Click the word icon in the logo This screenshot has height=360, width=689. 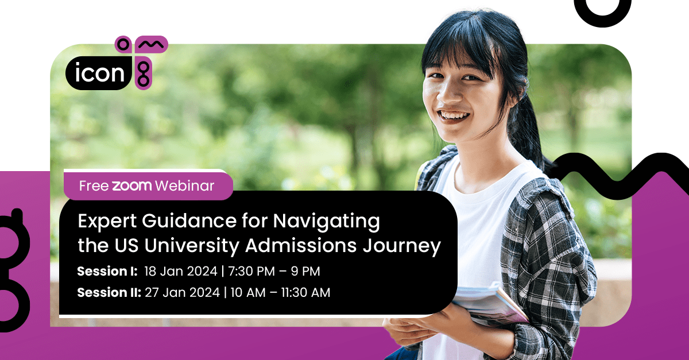(100, 73)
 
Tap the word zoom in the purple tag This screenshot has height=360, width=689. (132, 185)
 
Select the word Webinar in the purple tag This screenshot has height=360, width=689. (185, 185)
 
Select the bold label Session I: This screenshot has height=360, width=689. (108, 270)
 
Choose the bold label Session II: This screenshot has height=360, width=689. (109, 292)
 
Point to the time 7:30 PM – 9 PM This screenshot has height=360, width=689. (274, 270)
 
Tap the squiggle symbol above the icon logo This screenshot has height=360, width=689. (151, 44)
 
